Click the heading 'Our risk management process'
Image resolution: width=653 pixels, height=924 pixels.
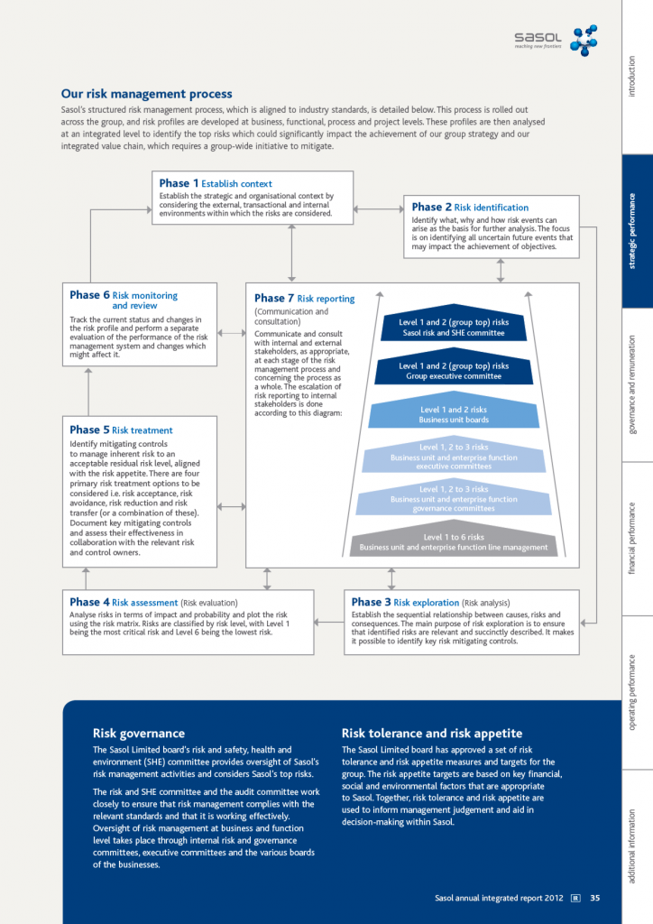click(x=146, y=94)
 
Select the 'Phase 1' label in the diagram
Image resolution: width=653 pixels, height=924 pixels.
click(x=179, y=183)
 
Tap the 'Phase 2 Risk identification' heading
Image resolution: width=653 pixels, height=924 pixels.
click(x=470, y=208)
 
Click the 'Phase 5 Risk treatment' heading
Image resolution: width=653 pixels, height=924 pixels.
click(x=121, y=430)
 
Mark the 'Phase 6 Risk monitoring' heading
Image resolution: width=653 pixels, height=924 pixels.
click(x=124, y=295)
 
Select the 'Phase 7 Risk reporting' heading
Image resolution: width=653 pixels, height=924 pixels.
click(x=304, y=299)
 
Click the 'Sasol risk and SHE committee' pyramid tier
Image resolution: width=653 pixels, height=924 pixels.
click(x=454, y=328)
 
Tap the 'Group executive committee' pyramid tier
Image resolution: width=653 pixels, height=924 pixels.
click(x=454, y=371)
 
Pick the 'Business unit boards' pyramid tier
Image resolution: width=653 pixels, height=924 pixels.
click(x=454, y=415)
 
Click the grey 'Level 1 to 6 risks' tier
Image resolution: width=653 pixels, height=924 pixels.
click(x=454, y=542)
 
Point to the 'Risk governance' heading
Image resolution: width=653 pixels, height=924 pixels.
click(x=139, y=734)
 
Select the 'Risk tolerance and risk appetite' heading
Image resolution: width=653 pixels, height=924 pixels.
click(x=432, y=734)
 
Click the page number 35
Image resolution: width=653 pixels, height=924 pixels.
click(x=595, y=898)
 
